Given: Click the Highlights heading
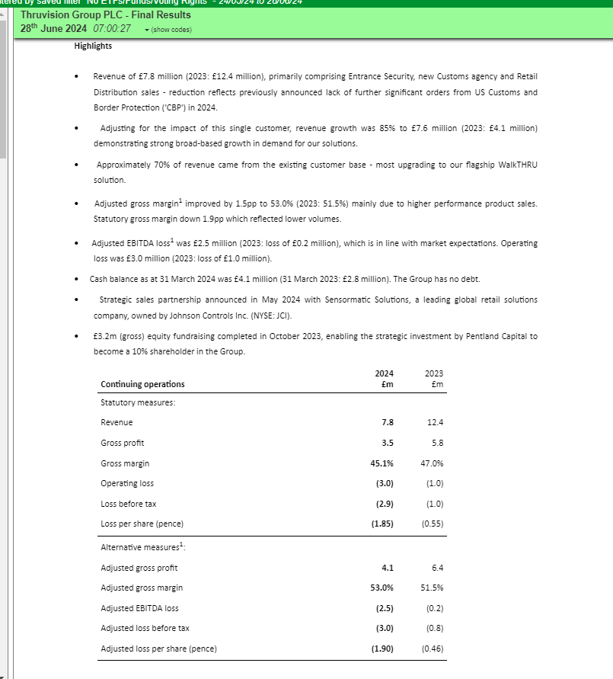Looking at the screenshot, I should (93, 46).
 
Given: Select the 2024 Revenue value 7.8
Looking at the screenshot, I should (387, 422).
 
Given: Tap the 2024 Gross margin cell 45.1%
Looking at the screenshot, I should (382, 463).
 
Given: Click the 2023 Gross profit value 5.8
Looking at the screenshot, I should (437, 443).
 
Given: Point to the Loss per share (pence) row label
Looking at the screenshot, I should (142, 524).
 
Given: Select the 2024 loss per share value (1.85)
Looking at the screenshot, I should (382, 524).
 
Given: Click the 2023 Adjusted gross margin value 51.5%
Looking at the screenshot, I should (432, 588).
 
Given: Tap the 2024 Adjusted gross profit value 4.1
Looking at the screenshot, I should (387, 568).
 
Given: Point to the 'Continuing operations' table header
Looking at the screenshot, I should (142, 384).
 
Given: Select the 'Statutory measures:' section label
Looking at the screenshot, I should (138, 402).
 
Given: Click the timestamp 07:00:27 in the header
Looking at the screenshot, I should (112, 28).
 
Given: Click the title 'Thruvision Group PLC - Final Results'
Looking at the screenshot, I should (106, 14).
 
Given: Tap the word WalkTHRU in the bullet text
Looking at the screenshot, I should (518, 165).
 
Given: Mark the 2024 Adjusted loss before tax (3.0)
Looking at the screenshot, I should (383, 628).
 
